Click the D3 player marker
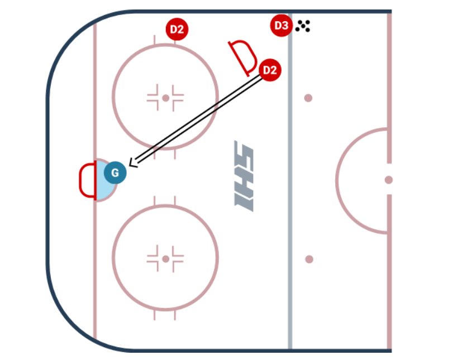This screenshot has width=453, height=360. pyautogui.click(x=281, y=26)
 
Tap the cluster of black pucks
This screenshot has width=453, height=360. pyautogui.click(x=303, y=26)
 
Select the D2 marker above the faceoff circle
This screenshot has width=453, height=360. pyautogui.click(x=177, y=29)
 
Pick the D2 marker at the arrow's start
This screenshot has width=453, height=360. pyautogui.click(x=270, y=70)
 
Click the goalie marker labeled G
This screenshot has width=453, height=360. pyautogui.click(x=115, y=173)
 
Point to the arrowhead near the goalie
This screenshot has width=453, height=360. pyautogui.click(x=132, y=163)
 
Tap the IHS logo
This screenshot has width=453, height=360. pyautogui.click(x=245, y=176)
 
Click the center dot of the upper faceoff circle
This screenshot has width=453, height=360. pyautogui.click(x=165, y=98)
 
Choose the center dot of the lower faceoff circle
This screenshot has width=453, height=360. pyautogui.click(x=165, y=258)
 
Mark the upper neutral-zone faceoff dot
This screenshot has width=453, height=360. pyautogui.click(x=308, y=98)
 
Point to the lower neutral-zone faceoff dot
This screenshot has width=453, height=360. pyautogui.click(x=309, y=259)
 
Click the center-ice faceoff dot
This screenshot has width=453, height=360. pyautogui.click(x=388, y=180)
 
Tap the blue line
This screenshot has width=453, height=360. pyautogui.click(x=290, y=223)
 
